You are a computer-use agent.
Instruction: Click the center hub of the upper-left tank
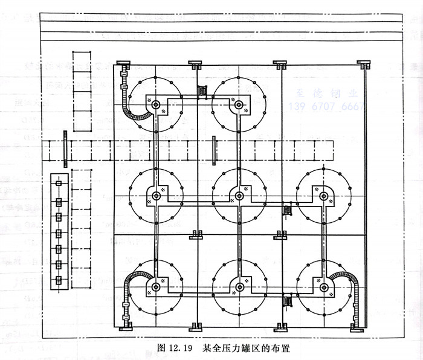coord(156,105)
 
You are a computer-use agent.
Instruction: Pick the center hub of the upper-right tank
coord(239,105)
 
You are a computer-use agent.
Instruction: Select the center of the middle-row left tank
coord(156,195)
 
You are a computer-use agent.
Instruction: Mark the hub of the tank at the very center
coord(240,195)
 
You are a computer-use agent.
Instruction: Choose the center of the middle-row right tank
coord(323,195)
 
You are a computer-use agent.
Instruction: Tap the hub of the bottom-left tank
coord(156,286)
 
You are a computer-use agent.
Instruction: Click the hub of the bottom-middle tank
coord(240,286)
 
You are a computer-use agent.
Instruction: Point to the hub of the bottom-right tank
coord(323,286)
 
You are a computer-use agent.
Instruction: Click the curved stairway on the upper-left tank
coord(131,103)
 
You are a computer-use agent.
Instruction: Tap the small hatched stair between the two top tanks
coord(202,92)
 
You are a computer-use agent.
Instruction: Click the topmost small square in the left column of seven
coord(59,184)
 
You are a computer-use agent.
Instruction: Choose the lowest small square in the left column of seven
coord(59,280)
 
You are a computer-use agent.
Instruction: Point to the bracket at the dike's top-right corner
coord(363,63)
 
